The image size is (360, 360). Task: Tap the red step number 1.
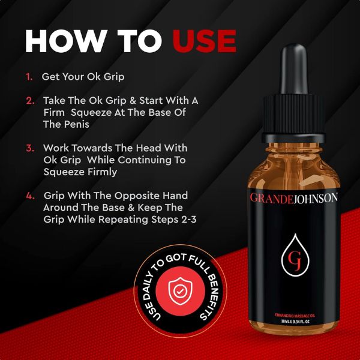pyautogui.click(x=29, y=77)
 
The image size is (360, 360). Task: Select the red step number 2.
pyautogui.click(x=30, y=100)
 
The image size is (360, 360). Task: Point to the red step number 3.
pyautogui.click(x=30, y=148)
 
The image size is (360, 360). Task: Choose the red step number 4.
pyautogui.click(x=30, y=196)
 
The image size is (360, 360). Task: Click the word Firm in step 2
pyautogui.click(x=55, y=112)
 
